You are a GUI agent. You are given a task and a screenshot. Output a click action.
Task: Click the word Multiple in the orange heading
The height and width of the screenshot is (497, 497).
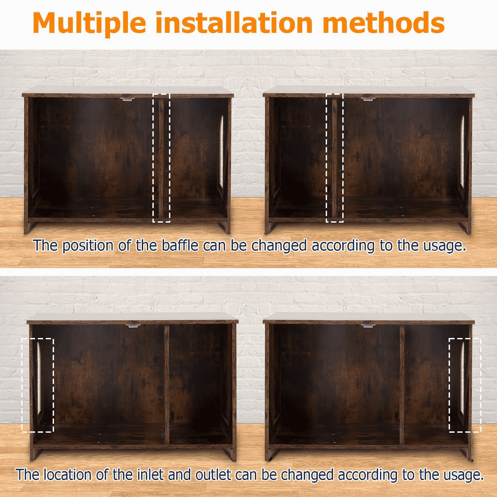click(x=89, y=23)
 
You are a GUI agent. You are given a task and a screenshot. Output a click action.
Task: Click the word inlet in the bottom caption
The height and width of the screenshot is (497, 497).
click(x=151, y=474)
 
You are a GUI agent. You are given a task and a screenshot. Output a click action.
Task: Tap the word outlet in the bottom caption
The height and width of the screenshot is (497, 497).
click(x=213, y=474)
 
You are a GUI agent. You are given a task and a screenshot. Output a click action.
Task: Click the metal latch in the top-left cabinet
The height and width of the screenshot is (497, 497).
click(x=127, y=98)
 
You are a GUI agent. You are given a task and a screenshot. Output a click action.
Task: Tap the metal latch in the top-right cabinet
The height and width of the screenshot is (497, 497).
click(x=368, y=98)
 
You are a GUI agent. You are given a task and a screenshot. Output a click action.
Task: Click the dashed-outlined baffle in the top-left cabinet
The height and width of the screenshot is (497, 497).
click(x=161, y=157)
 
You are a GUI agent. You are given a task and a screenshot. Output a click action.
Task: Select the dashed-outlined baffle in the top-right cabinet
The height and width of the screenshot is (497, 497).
click(x=335, y=157)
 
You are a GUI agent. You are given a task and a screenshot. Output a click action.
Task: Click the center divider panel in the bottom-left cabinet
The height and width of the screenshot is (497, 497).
click(x=167, y=384)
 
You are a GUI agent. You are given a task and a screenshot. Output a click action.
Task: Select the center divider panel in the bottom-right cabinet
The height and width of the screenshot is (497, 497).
click(x=402, y=384)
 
